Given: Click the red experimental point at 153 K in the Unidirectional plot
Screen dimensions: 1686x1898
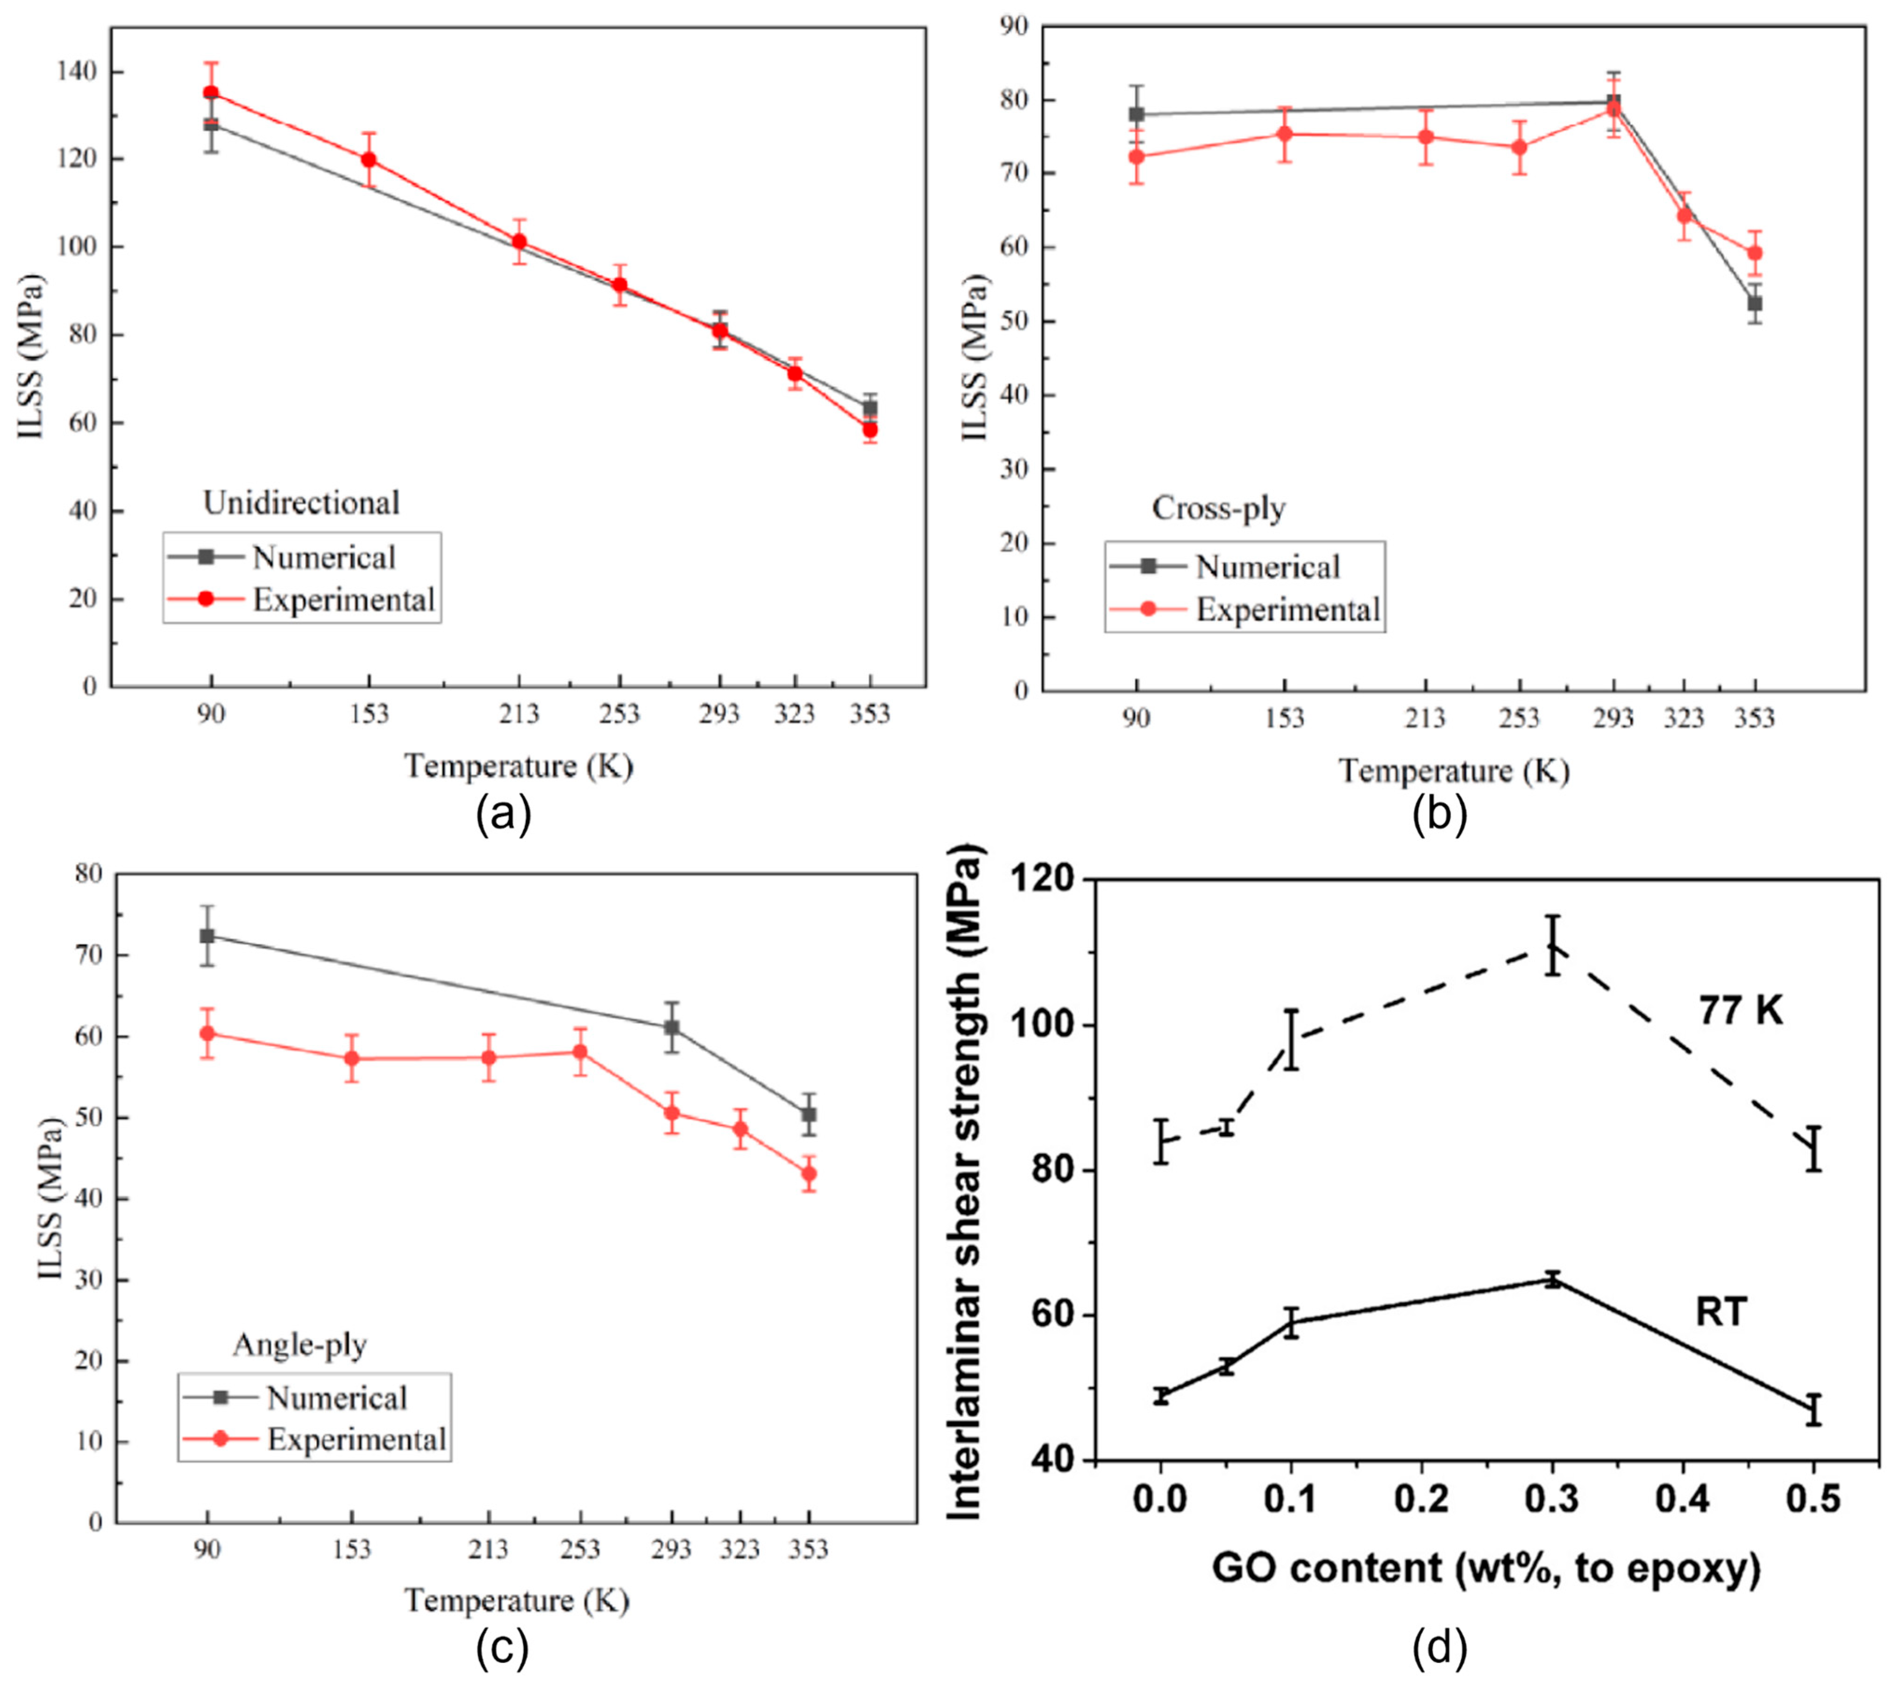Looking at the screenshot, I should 369,159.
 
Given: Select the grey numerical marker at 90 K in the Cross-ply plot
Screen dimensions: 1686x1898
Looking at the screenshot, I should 1136,114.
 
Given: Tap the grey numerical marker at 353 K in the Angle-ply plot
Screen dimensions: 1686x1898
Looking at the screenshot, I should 809,1114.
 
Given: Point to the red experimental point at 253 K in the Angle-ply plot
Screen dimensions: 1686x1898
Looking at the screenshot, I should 579,1052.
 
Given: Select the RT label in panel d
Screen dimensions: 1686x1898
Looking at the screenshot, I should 1720,1312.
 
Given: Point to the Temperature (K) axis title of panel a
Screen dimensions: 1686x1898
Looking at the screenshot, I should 518,766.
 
